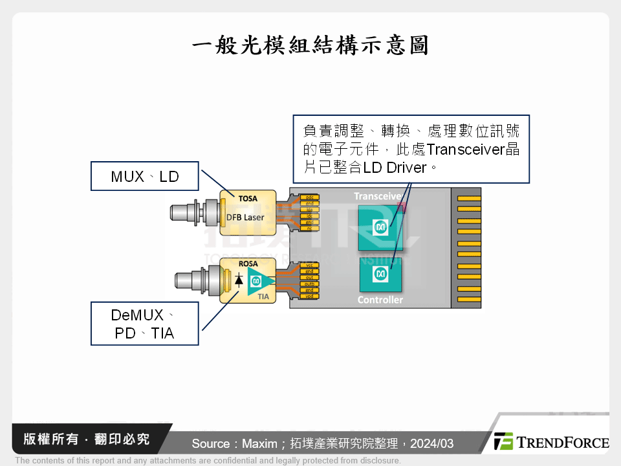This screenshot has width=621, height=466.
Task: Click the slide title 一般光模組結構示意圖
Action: pyautogui.click(x=310, y=46)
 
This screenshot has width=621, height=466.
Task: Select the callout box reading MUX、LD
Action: pyautogui.click(x=144, y=176)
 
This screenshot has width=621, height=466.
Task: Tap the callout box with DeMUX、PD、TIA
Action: pyautogui.click(x=144, y=324)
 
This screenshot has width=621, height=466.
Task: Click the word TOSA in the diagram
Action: pyautogui.click(x=248, y=200)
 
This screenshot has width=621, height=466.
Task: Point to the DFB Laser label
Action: pyautogui.click(x=245, y=217)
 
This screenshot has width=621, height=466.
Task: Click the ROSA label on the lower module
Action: pyautogui.click(x=248, y=264)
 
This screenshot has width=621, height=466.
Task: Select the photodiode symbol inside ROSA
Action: pyautogui.click(x=239, y=280)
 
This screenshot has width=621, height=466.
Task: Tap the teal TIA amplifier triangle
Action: pyautogui.click(x=259, y=281)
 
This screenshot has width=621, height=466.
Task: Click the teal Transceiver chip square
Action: pyautogui.click(x=380, y=227)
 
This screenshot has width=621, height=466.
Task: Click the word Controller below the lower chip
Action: pyautogui.click(x=380, y=300)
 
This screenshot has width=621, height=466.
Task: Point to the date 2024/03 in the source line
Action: pyautogui.click(x=431, y=443)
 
